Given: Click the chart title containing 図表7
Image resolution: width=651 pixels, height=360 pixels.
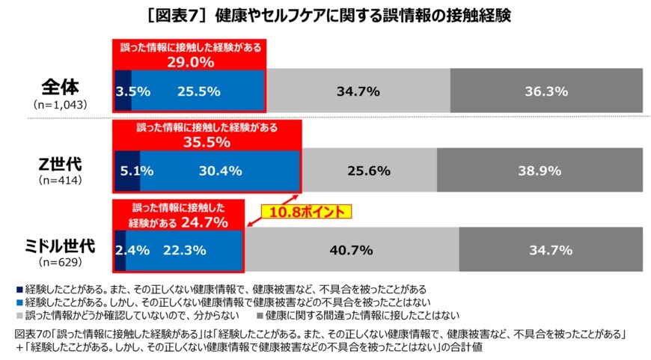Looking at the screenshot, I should [325, 15].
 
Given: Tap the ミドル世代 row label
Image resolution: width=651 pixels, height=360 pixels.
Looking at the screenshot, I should [61, 245].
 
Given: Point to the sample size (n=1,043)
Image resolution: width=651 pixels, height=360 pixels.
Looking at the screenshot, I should [61, 104].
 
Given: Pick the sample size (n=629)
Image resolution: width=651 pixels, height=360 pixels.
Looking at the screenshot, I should [61, 263].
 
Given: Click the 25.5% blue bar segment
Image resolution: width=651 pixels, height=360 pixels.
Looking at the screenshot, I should [199, 91].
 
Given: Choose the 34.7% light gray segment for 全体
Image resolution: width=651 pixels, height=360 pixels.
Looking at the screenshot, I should [358, 91].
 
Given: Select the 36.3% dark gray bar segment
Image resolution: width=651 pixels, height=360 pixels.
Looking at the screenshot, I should [545, 91].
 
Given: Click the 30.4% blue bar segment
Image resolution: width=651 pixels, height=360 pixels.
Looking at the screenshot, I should [220, 171].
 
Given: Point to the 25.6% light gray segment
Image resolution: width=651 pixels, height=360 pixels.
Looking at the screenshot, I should [369, 171].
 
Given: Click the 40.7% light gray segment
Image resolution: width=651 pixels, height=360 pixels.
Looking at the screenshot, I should [352, 249].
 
